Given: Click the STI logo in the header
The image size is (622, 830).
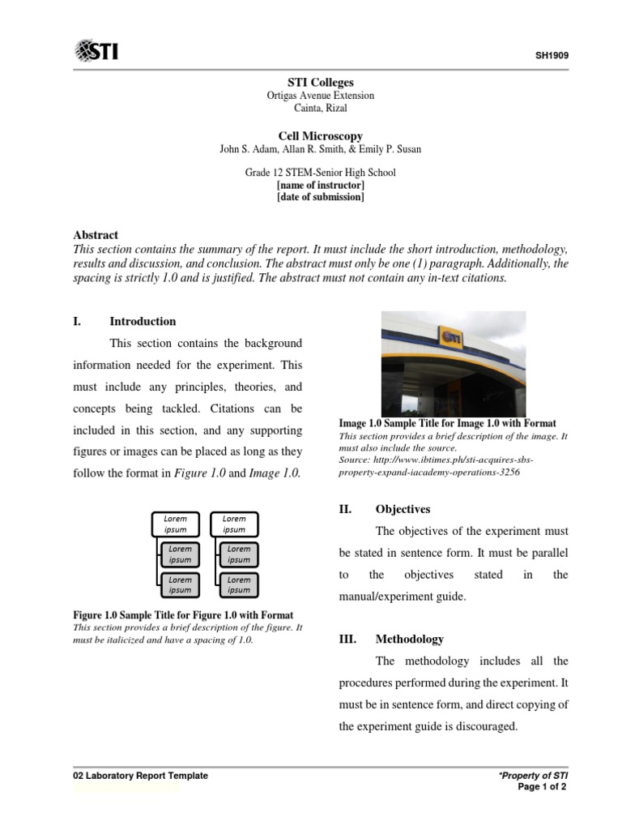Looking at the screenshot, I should click(x=96, y=52).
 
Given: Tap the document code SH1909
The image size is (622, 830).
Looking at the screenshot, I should click(x=551, y=57).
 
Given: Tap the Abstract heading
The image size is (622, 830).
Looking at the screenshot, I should click(x=96, y=235).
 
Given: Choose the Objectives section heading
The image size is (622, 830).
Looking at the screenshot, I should click(x=403, y=510).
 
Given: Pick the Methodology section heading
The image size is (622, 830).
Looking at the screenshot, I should click(x=409, y=640).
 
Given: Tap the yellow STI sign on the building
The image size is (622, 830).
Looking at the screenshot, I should click(x=451, y=336).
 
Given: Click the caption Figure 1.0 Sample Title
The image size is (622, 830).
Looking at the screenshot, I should click(x=183, y=615).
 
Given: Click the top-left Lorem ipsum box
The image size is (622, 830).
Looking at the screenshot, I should click(x=176, y=524).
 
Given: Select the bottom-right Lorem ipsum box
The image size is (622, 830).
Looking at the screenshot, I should click(x=238, y=584).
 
